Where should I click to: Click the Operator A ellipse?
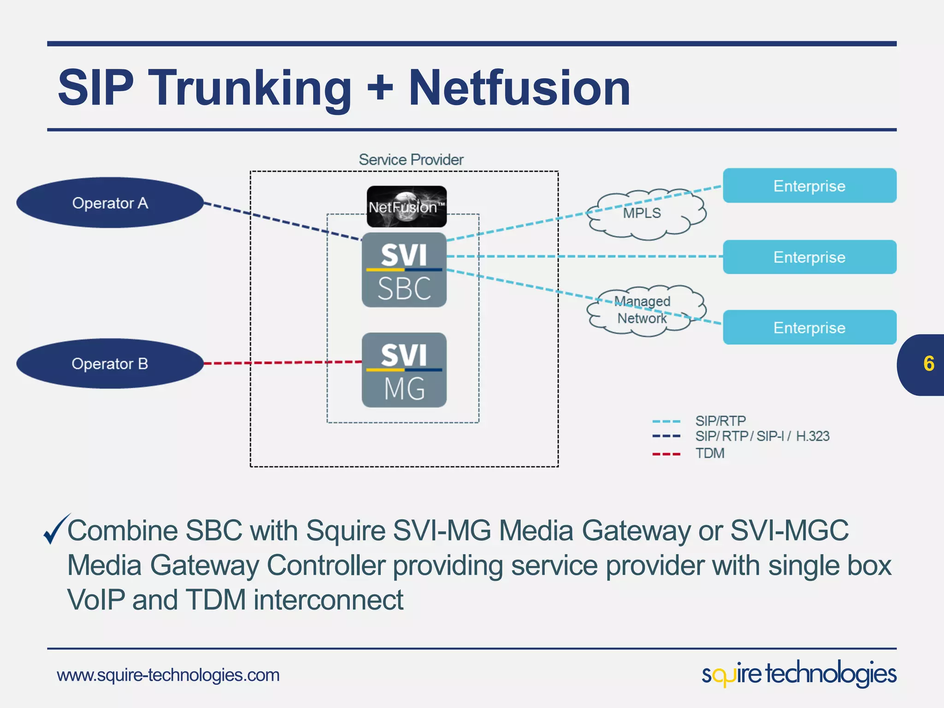110,203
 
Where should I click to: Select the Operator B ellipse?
110,364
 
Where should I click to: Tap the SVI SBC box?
404,270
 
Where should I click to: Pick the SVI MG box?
404,370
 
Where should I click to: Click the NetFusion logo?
407,206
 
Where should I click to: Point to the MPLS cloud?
645,214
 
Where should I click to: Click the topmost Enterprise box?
809,186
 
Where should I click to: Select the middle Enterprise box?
809,257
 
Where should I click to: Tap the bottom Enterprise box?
809,328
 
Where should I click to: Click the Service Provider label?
411,159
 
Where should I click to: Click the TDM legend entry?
710,454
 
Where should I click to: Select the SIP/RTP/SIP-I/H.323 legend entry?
762,436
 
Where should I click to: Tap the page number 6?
928,364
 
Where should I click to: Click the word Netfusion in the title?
519,88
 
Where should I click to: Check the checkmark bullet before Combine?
56,529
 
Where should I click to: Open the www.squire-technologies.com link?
168,675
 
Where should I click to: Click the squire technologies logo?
799,674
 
